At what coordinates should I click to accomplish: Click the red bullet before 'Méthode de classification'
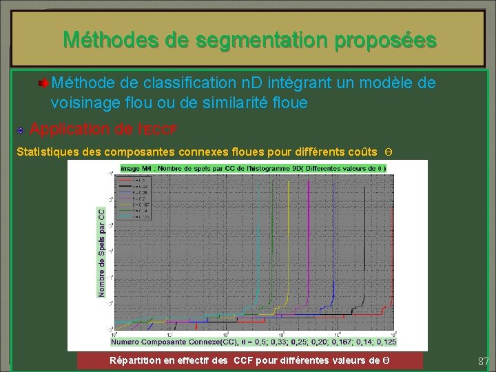coord(43,84)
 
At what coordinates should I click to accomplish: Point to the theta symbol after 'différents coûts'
coord(389,152)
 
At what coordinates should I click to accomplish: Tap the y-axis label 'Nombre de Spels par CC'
coord(102,253)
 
